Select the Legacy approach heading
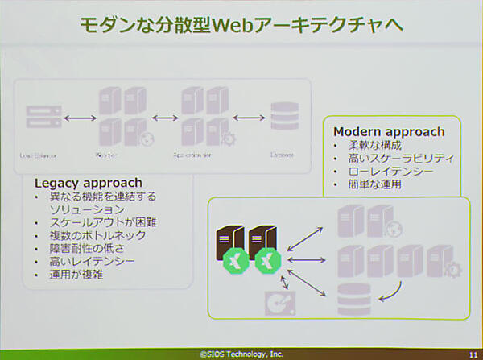pos(89,183)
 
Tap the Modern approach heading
pos(388,132)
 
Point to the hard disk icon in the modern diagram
pos(279,304)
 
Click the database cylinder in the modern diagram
pos(352,299)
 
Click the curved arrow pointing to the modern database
pos(393,289)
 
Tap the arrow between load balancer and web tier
pos(80,118)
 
